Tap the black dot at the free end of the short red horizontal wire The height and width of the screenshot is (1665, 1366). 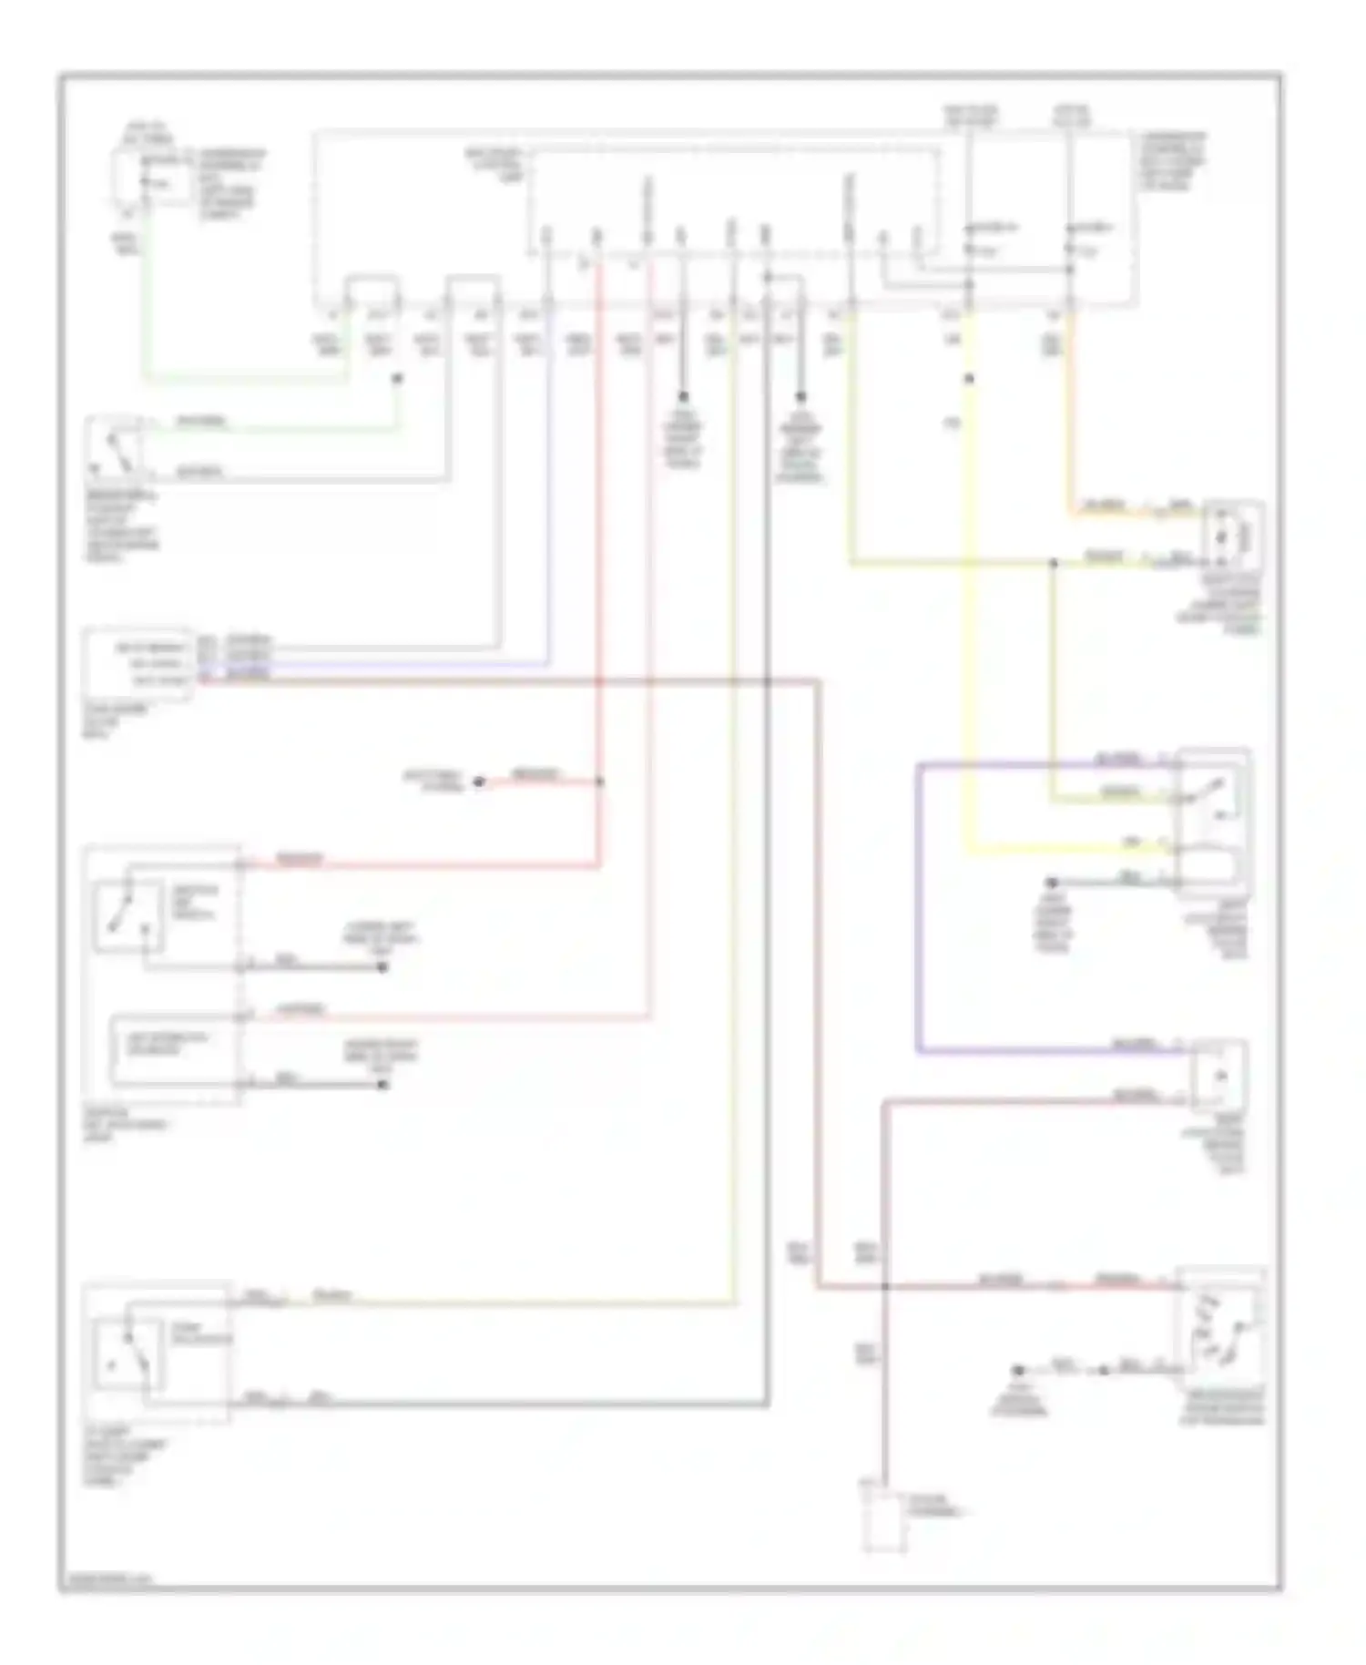(x=479, y=782)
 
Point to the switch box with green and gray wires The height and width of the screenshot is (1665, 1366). (x=115, y=448)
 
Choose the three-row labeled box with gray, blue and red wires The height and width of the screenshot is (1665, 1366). (x=138, y=664)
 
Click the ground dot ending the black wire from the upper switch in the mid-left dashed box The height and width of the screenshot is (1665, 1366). (x=382, y=967)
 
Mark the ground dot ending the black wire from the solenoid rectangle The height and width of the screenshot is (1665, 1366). (x=382, y=1085)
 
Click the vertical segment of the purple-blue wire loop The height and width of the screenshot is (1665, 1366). (x=918, y=906)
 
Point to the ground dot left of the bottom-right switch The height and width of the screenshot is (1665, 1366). (x=1020, y=1370)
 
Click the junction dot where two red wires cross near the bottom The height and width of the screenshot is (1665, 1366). (x=884, y=1286)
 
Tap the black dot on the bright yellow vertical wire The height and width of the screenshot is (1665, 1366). (x=969, y=379)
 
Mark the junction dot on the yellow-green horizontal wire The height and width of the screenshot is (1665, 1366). (x=1053, y=564)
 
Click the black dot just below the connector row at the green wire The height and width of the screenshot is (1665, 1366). (x=396, y=378)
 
